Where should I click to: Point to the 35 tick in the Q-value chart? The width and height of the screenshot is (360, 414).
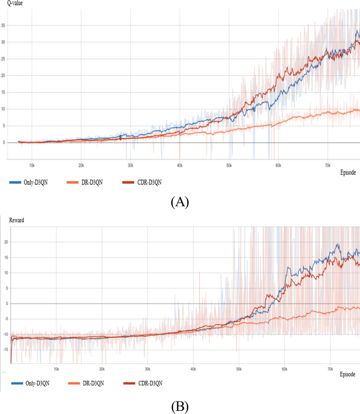[4, 26]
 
